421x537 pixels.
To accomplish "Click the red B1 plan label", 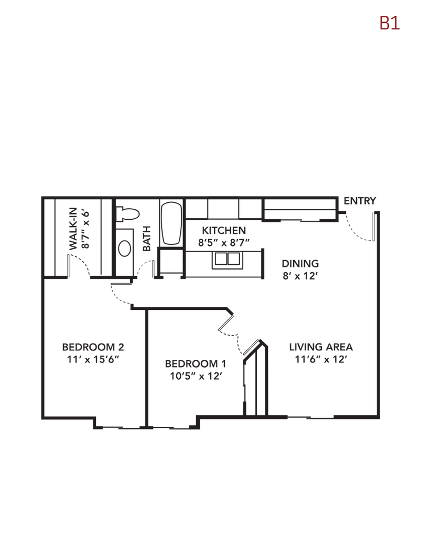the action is pos(390,24).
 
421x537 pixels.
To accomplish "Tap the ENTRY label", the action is pos(360,201).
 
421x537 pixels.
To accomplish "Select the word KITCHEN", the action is pos(224,231).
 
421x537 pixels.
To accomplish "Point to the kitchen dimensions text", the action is pos(224,242).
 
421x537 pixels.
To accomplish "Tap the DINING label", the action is pos(300,264).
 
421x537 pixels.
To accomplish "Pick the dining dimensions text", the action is pos(300,276).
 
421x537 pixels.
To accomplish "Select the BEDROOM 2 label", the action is pos(93,347).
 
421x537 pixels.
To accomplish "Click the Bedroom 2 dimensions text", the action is pos(93,359).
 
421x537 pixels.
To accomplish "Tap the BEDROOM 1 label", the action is pos(196,363).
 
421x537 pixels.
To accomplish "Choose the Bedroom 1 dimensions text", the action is pos(196,375).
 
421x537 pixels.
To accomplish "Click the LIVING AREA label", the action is pos(321,347).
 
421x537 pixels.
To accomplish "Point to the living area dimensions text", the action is pos(321,359).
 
